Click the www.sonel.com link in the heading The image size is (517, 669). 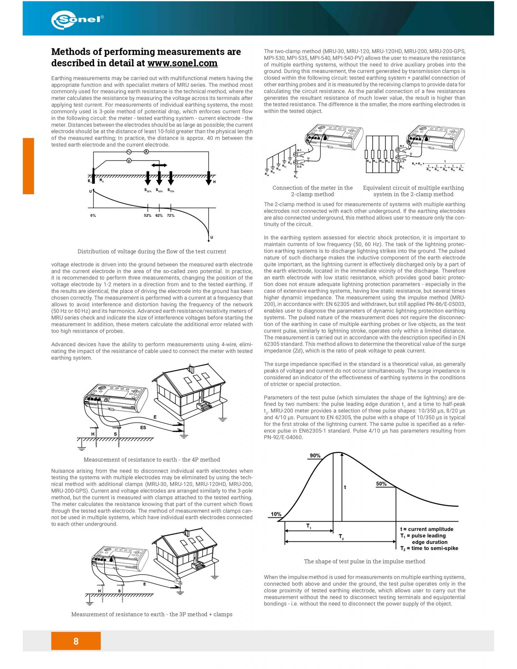(182, 63)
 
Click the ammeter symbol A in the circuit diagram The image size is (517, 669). (146, 152)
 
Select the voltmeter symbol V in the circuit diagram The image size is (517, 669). (129, 161)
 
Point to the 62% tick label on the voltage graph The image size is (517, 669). (159, 215)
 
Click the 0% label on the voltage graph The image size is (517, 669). (93, 215)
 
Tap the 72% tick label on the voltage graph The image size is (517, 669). (170, 215)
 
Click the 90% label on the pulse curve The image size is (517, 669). (315, 456)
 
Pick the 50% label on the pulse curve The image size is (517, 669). (381, 484)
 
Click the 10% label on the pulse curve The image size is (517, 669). (276, 514)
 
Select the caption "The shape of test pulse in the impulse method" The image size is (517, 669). (364, 561)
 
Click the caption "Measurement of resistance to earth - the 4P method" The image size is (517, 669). (152, 459)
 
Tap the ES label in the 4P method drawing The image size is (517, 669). (143, 427)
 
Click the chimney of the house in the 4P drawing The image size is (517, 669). (191, 369)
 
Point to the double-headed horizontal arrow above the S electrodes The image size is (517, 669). (159, 165)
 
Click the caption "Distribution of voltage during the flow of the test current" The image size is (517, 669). (152, 251)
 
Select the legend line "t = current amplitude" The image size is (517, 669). (426, 529)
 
